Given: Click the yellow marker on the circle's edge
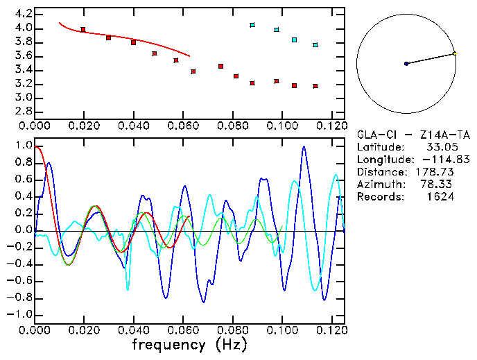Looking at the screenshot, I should pos(454,53).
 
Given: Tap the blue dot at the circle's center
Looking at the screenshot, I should pos(406,64).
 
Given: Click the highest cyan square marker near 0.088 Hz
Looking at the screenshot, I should pos(252,25).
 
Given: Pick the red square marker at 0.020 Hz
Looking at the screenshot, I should pos(83,30).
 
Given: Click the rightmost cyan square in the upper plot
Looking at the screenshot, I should pos(315,45).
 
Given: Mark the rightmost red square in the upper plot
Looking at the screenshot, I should pos(315,86).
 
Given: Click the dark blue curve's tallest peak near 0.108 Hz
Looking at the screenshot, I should pos(303,147).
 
